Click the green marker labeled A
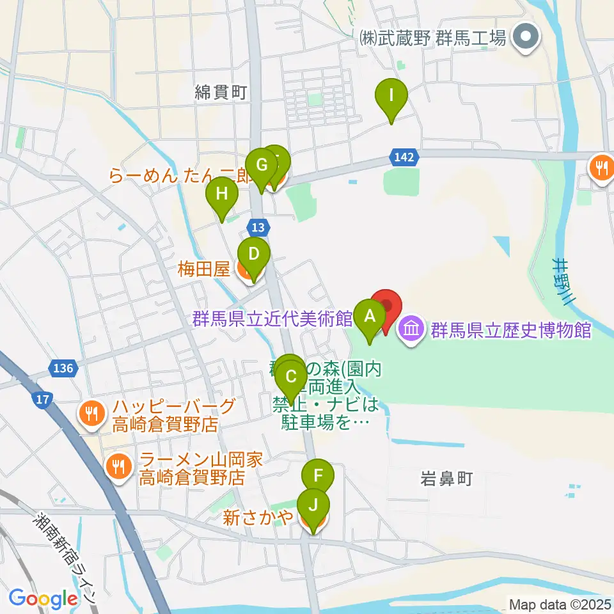tap(369, 316)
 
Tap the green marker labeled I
tap(391, 97)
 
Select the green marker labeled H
tap(221, 194)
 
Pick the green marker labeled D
tap(254, 255)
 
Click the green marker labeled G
tap(261, 166)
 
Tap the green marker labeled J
tap(313, 505)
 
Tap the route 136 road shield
tap(63, 368)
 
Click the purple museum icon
tap(411, 331)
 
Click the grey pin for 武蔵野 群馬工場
tap(528, 38)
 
